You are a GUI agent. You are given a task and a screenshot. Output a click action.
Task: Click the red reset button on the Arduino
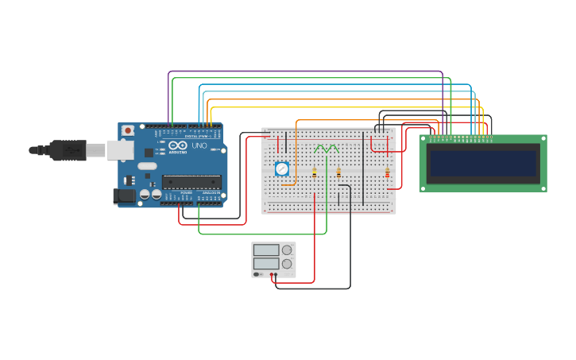[x=127, y=130]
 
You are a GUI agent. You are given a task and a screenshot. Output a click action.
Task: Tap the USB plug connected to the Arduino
[x=68, y=149]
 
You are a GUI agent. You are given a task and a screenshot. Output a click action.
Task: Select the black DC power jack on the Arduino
[x=124, y=195]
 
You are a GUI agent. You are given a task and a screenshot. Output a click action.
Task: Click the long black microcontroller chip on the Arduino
[x=191, y=182]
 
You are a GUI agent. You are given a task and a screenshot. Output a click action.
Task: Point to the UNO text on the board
[x=199, y=146]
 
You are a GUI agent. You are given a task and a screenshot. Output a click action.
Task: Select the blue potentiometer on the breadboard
[x=281, y=168]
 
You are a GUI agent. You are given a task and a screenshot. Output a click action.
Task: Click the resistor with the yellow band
[x=315, y=172]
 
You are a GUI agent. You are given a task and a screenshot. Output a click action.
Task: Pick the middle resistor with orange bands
[x=338, y=172]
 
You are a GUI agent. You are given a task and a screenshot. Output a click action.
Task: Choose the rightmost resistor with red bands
[x=387, y=172]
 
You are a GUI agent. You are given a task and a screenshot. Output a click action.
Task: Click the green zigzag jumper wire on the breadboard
[x=326, y=148]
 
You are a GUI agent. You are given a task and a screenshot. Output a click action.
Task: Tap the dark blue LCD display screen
[x=483, y=163]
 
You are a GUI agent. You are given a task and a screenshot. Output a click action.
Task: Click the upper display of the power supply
[x=266, y=250]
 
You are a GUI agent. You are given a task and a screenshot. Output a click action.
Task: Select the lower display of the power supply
[x=266, y=263]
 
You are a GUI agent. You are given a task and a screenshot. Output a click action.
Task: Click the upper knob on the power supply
[x=287, y=250]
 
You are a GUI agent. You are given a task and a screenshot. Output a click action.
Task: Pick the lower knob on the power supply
[x=287, y=264]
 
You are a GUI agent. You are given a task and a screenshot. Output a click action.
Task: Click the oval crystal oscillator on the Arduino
[x=147, y=166]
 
